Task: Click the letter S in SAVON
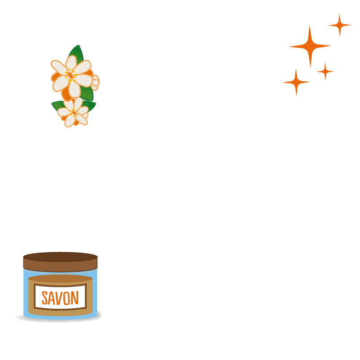pos(45,298)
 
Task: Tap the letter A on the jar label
pos(53,298)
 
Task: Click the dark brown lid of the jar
pos(60,261)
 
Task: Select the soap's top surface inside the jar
pos(60,279)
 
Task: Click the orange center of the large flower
pos(71,75)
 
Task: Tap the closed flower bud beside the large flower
pos(95,81)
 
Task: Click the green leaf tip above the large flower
pos(78,49)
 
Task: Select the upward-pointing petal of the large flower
pos(71,63)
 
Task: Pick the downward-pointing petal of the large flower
pos(74,89)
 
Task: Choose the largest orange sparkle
pos(310,46)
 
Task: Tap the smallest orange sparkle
pos(325,71)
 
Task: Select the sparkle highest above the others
pos(339,25)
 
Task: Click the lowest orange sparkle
pos(296,82)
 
